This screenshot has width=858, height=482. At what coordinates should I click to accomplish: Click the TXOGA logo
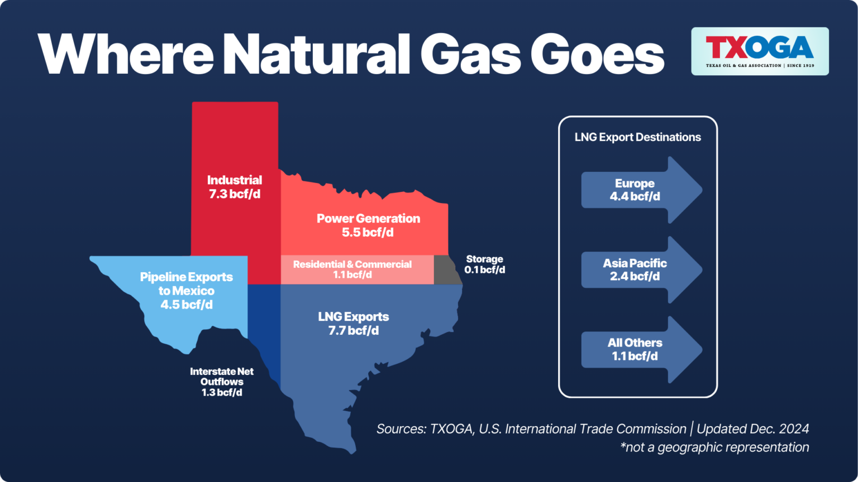pos(760,51)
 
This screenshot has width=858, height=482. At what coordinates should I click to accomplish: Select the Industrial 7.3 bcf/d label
pos(235,187)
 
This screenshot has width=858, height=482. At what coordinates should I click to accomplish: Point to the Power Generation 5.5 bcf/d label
pos(368,225)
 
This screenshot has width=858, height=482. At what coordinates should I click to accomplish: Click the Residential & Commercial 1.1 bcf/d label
pos(352,269)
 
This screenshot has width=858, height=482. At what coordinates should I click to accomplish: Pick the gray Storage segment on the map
pos(445,271)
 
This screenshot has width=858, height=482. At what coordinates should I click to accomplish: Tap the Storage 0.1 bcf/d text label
pos(484,264)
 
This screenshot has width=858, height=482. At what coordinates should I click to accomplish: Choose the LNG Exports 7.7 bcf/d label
pos(354,324)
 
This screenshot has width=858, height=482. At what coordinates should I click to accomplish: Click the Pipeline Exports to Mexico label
pos(187,291)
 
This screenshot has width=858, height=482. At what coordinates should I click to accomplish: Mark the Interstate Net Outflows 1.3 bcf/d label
pos(222,382)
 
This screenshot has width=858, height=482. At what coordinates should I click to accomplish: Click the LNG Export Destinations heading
pos(637,137)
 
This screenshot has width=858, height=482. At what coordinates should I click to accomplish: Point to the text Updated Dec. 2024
pos(752,429)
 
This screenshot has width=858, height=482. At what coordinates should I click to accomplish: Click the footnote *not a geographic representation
pos(714,447)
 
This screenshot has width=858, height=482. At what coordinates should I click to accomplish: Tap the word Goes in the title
pos(597,54)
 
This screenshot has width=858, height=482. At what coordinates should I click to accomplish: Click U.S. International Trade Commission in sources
pos(583,429)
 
